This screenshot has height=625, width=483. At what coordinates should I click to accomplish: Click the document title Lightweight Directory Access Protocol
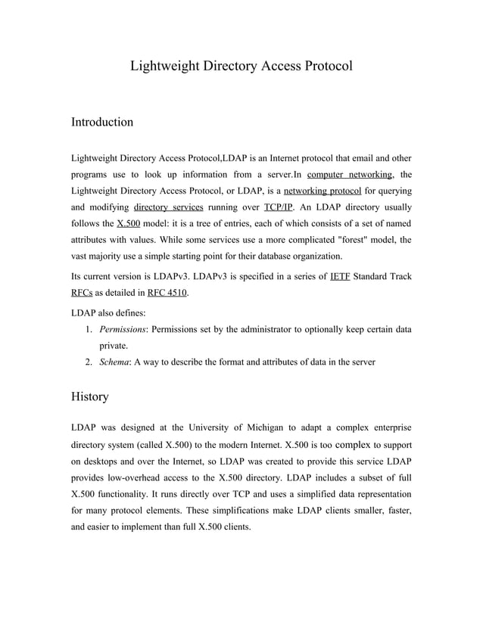click(x=241, y=66)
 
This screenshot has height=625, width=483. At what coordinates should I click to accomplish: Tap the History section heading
click(x=89, y=396)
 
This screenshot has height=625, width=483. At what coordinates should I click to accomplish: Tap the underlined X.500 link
click(x=129, y=225)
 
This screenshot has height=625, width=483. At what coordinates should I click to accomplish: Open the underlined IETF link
click(x=339, y=277)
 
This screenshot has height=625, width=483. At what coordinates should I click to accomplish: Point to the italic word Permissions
click(x=124, y=329)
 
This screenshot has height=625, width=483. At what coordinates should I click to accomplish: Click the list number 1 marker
click(x=89, y=329)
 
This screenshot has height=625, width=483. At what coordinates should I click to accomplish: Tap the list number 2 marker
click(x=89, y=362)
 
